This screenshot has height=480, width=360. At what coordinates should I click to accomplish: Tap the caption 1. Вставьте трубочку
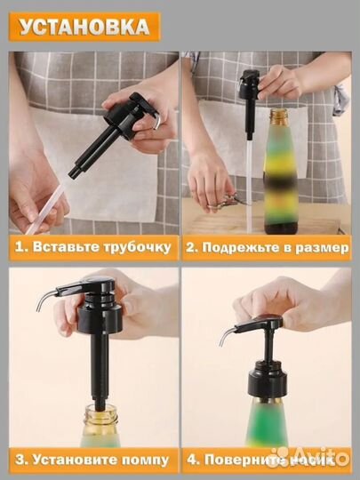coord(91,248)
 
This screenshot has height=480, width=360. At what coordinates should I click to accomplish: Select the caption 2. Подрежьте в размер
coord(266,248)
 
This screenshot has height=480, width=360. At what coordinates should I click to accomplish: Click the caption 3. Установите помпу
coord(91,460)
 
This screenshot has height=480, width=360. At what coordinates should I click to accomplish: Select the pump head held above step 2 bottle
coord(250,89)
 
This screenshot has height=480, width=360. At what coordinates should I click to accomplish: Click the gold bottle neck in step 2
coord(279,118)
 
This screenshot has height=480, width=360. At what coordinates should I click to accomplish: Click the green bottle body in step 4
coord(268,427)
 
